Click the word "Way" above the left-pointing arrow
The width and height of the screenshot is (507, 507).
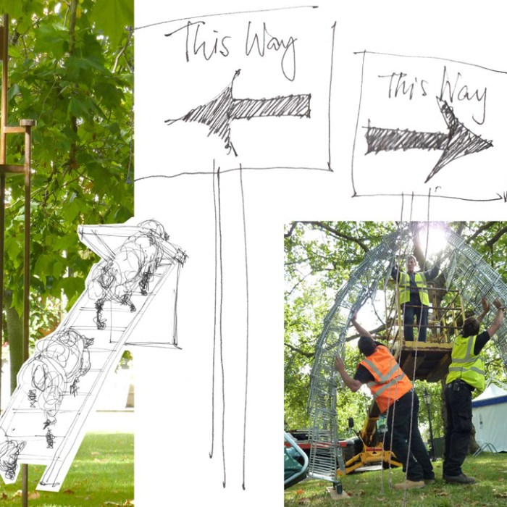[270, 49]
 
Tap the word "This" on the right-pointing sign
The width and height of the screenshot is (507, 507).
[403, 85]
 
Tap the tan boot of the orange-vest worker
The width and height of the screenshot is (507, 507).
[408, 485]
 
